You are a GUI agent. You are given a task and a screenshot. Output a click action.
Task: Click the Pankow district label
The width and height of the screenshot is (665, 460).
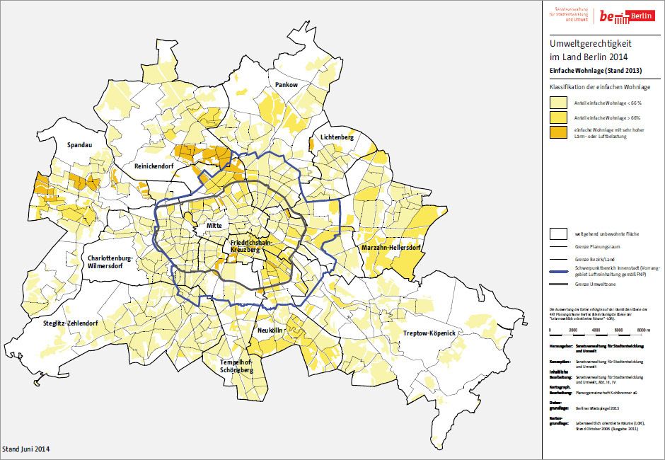coord(287,85)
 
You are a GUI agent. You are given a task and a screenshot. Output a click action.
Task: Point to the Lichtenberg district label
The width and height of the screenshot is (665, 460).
coord(336,137)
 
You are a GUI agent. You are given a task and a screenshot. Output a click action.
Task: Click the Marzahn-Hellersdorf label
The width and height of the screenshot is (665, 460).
coord(391,248)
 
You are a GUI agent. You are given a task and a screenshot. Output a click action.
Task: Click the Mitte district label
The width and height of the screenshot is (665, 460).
coord(214,226)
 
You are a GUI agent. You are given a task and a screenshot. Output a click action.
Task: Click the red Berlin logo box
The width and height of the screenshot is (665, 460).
coord(638,16)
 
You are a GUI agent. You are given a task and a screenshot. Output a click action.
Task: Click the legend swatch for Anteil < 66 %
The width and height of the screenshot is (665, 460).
coord(560,103)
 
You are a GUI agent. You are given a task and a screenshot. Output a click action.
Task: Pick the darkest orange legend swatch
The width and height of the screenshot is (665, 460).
coord(560,132)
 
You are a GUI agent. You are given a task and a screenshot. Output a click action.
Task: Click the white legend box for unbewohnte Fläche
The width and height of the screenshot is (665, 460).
coord(560,233)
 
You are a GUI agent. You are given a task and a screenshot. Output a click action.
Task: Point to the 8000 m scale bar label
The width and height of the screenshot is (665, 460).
coord(641,330)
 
